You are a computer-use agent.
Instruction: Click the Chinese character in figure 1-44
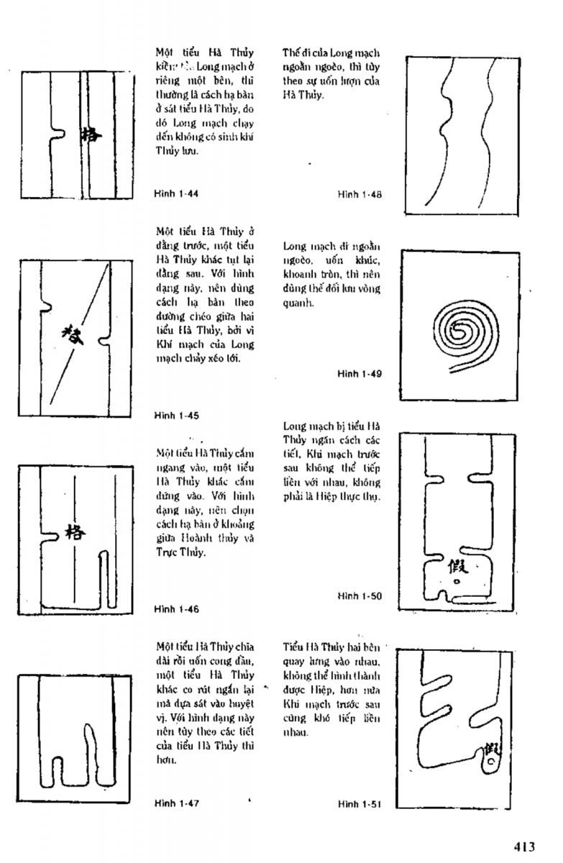coord(92,135)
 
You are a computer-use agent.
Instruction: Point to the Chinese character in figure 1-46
coord(74,532)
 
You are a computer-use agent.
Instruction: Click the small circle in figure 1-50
coord(456,583)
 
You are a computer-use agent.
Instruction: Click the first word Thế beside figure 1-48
coord(290,52)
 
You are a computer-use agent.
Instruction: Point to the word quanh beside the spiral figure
coord(297,303)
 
